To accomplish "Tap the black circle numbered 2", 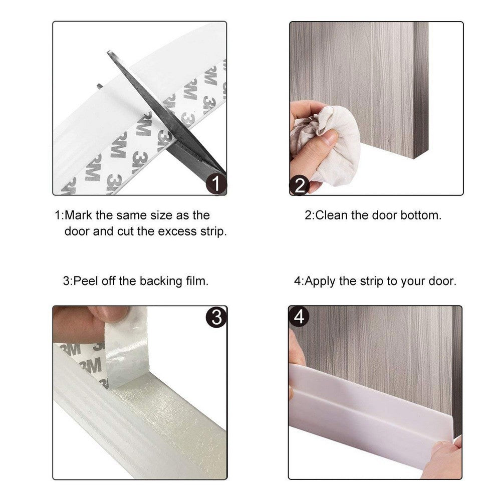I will pos(300,185).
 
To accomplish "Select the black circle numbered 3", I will pos(216,318).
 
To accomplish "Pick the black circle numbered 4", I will pos(299,317).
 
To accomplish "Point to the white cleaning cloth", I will pos(333,145).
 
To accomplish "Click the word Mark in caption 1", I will pos(77,215).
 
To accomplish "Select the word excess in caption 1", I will pos(177,232).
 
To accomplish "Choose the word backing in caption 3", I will pos(159,281).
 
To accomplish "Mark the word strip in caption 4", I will pos(371,281).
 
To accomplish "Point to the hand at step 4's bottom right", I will pos(441,458).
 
